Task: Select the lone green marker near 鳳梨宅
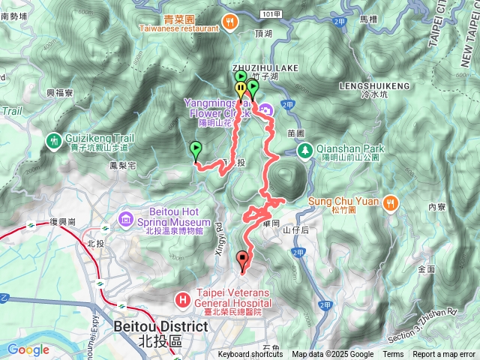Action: click(196, 148)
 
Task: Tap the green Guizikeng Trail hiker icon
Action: click(53, 139)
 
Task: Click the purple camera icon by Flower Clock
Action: click(268, 111)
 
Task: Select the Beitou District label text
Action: click(160, 327)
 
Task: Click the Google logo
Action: click(28, 349)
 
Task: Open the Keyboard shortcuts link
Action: click(250, 355)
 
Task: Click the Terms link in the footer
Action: click(393, 355)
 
